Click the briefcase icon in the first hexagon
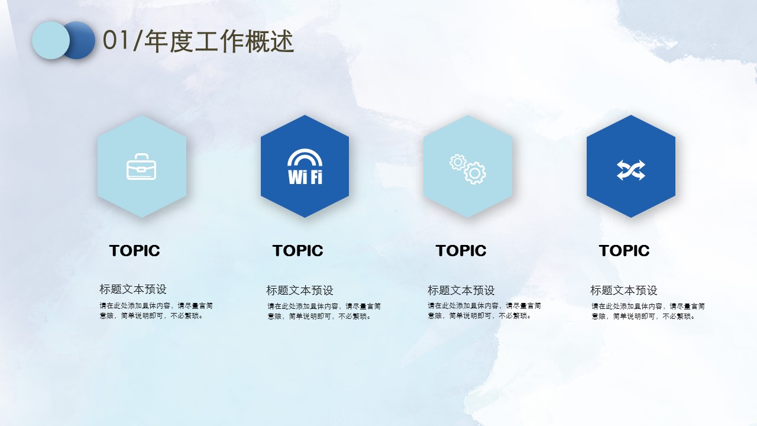pyautogui.click(x=141, y=167)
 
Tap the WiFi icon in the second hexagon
pyautogui.click(x=305, y=167)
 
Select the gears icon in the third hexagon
pyautogui.click(x=468, y=169)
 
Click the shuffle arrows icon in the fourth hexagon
pyautogui.click(x=631, y=170)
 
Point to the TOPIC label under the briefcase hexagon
pyautogui.click(x=134, y=250)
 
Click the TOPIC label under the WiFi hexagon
pyautogui.click(x=297, y=250)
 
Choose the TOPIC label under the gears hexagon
pyautogui.click(x=461, y=250)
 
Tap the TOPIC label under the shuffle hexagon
pyautogui.click(x=624, y=250)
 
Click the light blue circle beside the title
pyautogui.click(x=51, y=40)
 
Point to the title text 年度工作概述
pyautogui.click(x=219, y=41)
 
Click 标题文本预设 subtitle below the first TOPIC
pyautogui.click(x=133, y=289)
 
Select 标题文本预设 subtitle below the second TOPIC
pyautogui.click(x=300, y=290)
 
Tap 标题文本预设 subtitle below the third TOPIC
pyautogui.click(x=461, y=290)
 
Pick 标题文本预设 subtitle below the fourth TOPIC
pyautogui.click(x=624, y=290)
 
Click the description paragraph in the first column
pyautogui.click(x=156, y=311)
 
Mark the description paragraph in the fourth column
pyautogui.click(x=648, y=311)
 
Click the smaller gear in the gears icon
pyautogui.click(x=458, y=162)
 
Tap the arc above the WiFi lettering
pyautogui.click(x=305, y=153)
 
